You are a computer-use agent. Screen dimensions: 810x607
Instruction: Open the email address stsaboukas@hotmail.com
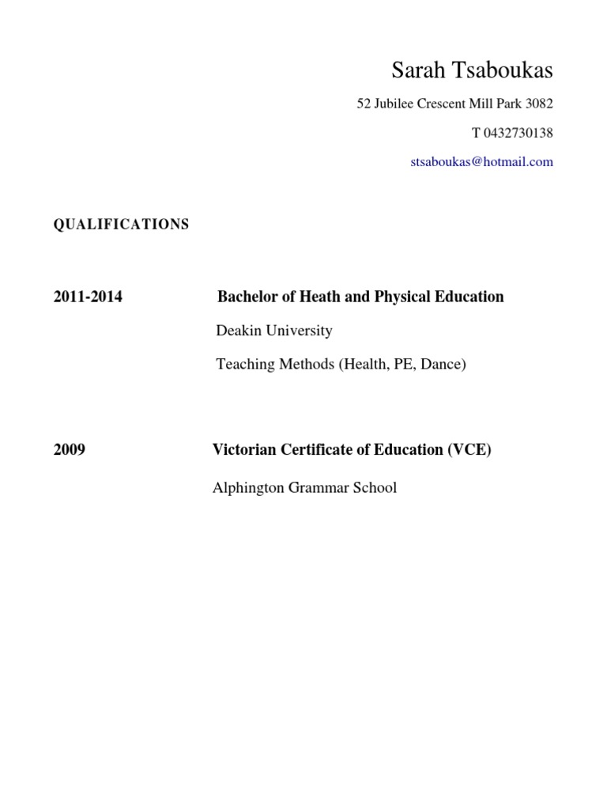pyautogui.click(x=482, y=162)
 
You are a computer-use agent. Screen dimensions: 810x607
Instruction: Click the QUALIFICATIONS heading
pyautogui.click(x=121, y=225)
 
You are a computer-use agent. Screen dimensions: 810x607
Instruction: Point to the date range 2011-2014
pyautogui.click(x=88, y=297)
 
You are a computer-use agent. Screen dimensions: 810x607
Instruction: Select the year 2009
pyautogui.click(x=70, y=450)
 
